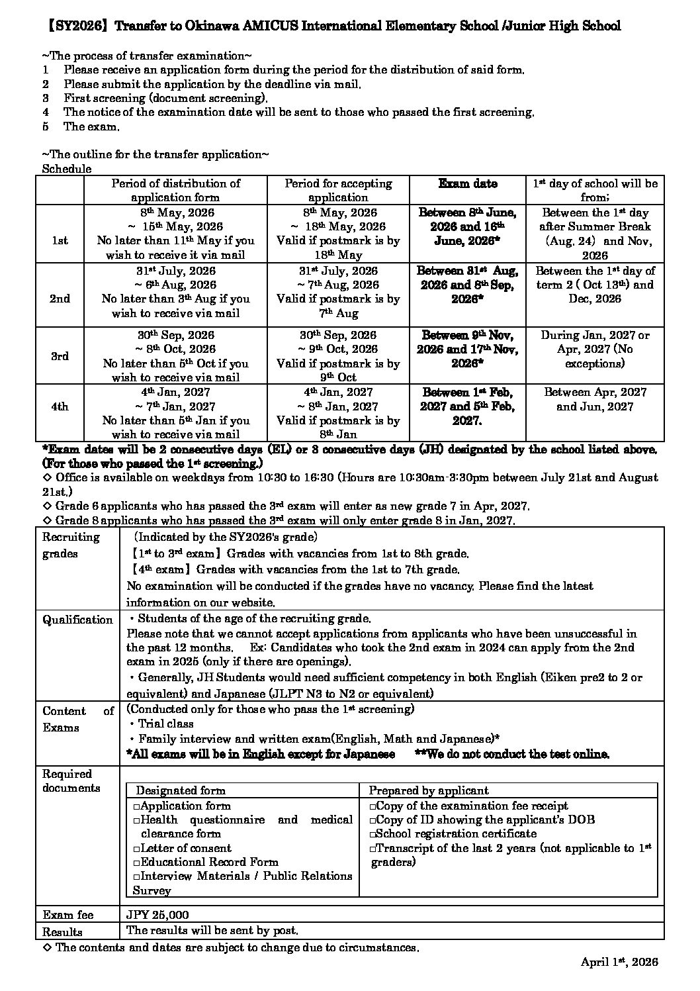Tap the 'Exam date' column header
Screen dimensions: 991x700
tap(468, 183)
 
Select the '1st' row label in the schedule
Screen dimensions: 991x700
tap(60, 241)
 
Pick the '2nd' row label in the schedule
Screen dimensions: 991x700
tap(60, 299)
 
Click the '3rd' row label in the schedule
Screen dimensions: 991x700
tap(60, 356)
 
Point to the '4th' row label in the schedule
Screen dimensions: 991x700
tap(60, 406)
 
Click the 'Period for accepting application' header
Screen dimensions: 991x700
tap(338, 190)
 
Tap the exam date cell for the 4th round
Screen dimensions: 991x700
tap(468, 406)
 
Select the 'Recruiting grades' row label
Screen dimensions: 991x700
tap(71, 545)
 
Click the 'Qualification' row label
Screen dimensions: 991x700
tap(77, 620)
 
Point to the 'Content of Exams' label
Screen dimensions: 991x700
tap(77, 719)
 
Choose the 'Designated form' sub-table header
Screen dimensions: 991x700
tap(181, 790)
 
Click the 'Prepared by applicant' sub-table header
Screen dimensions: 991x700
tap(429, 790)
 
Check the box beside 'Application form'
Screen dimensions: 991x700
tap(136, 806)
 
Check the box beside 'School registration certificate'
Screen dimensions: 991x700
tap(372, 834)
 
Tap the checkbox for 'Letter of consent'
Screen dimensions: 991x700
tap(136, 849)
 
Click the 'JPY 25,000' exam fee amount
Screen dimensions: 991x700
tap(157, 915)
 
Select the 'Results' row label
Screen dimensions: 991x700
tap(62, 932)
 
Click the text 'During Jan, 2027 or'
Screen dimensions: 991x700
tap(595, 335)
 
